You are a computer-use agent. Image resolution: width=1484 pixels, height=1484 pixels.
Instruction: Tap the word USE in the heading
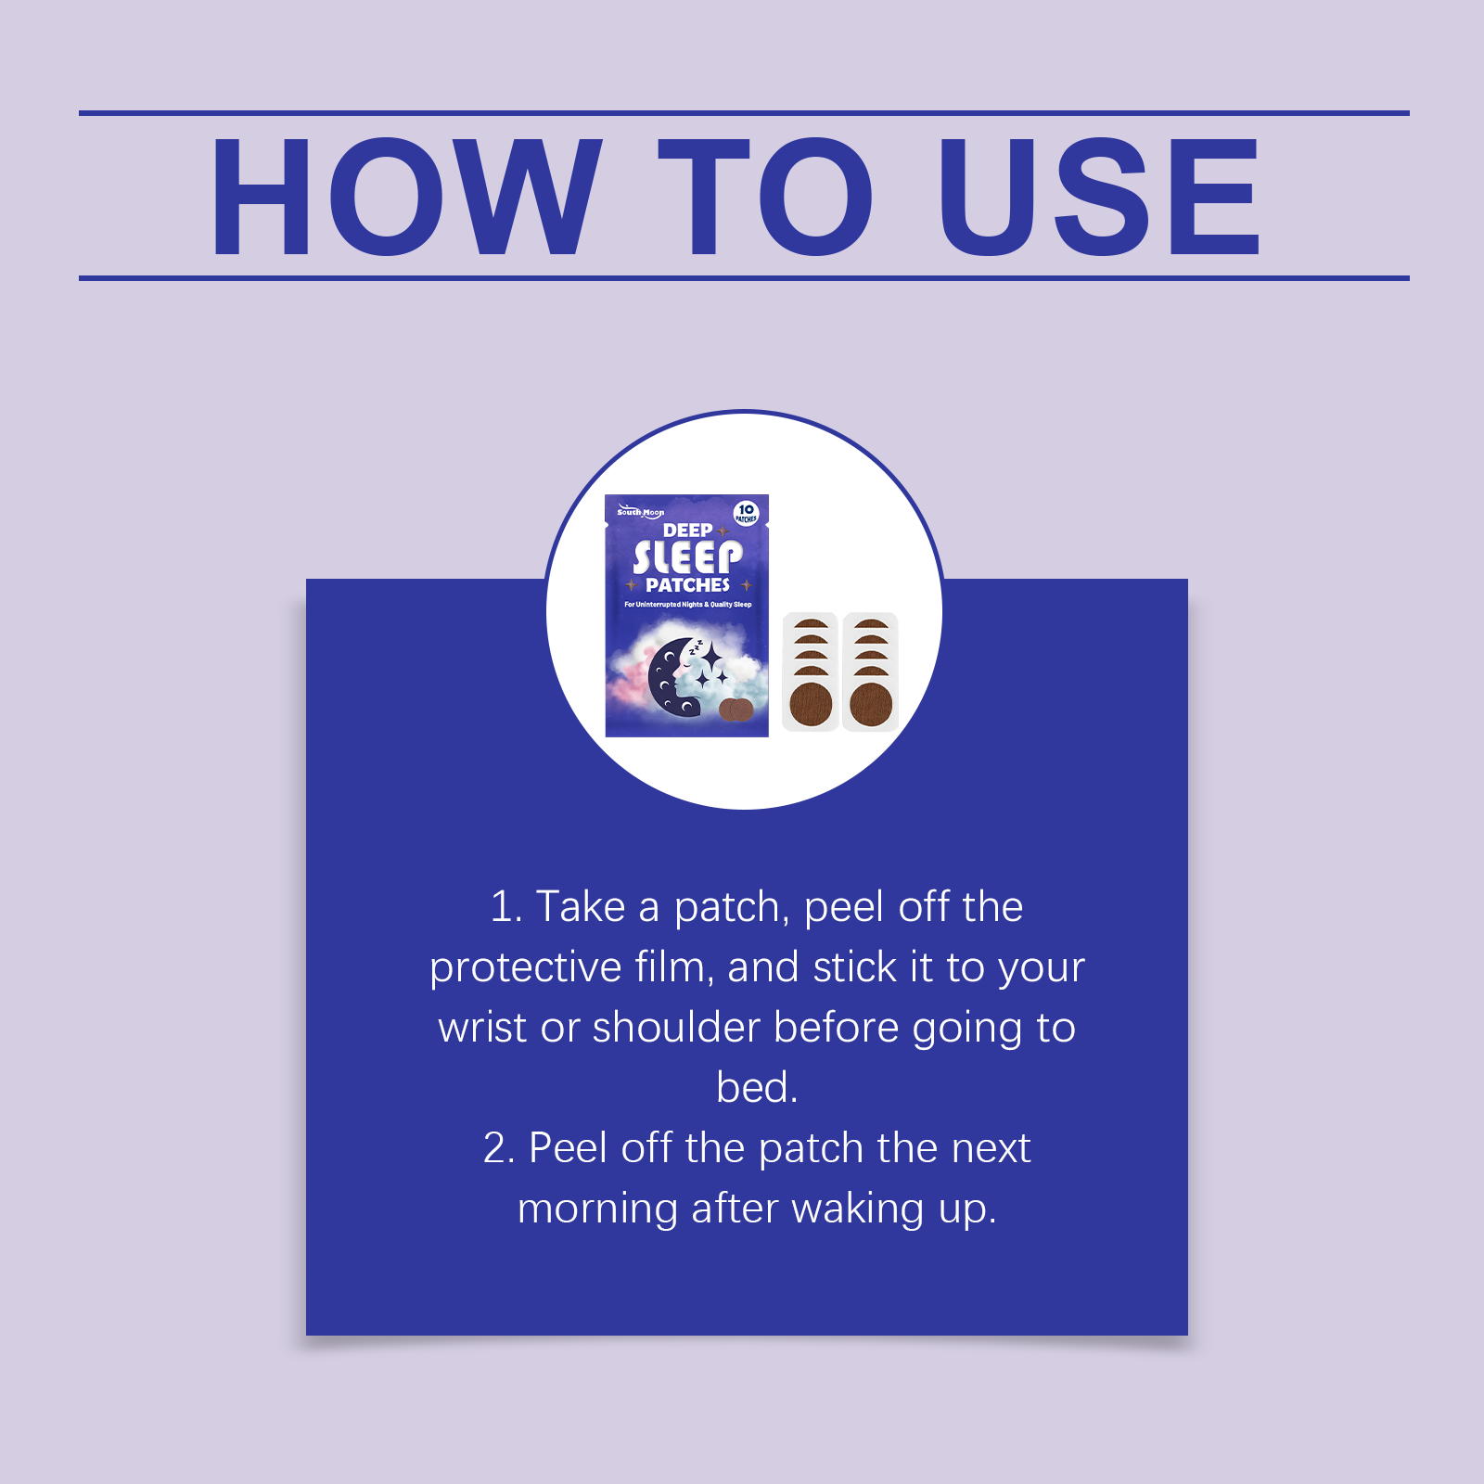1099,197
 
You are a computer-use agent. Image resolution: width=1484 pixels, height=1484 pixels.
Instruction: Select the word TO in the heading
765,197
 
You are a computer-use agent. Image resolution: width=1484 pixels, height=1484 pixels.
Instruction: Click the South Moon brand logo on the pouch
640,510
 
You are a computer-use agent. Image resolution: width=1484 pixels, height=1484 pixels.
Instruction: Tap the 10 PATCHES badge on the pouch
746,513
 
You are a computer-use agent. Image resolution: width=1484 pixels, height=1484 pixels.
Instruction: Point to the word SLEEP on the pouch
687,557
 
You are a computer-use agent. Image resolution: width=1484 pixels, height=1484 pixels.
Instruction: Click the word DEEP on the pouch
687,531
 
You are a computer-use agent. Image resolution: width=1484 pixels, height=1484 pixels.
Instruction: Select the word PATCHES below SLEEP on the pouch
687,585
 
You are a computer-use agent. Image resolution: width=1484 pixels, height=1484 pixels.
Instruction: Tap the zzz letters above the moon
695,647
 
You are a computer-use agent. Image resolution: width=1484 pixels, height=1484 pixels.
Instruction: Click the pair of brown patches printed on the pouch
736,710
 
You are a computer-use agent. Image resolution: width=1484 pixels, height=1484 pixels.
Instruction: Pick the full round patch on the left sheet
811,704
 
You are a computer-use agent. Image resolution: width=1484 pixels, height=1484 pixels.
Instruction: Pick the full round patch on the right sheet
871,704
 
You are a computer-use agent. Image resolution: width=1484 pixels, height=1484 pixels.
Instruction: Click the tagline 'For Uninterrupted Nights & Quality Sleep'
687,605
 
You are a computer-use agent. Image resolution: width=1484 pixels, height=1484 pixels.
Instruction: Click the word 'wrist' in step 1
482,1028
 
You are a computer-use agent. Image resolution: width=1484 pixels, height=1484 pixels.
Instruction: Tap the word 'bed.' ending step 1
757,1087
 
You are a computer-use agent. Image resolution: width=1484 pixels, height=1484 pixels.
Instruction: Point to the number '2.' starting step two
499,1148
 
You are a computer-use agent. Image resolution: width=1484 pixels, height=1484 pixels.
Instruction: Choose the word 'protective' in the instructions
526,968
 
